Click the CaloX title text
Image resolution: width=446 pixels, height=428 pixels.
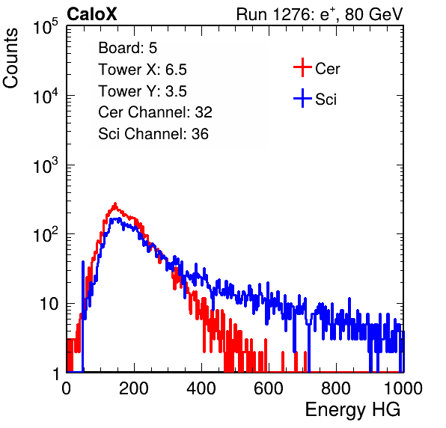click(x=92, y=14)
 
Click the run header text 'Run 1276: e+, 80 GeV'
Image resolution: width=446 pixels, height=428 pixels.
click(x=320, y=14)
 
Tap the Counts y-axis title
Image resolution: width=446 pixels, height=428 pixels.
click(x=10, y=58)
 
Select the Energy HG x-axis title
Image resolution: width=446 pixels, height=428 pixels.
click(x=352, y=410)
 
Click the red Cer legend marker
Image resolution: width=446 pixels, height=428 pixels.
click(x=302, y=67)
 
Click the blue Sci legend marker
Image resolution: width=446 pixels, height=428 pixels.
click(x=302, y=99)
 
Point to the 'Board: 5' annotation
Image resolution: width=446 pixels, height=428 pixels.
click(x=128, y=48)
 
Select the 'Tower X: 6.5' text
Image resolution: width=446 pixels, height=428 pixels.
click(x=142, y=70)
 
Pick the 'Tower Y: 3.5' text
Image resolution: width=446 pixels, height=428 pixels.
click(x=142, y=91)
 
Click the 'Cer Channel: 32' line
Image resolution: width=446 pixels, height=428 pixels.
click(x=156, y=112)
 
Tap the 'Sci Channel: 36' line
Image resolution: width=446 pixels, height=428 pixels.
click(x=153, y=134)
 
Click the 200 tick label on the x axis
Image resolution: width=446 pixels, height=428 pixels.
click(x=134, y=388)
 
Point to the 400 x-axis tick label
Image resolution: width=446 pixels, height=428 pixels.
click(x=201, y=388)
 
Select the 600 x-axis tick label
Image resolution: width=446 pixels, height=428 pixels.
click(x=269, y=388)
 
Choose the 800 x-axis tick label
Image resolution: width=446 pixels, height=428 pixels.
click(x=336, y=388)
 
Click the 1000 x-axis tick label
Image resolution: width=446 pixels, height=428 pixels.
click(x=403, y=388)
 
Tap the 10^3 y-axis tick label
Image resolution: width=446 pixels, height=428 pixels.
click(x=46, y=165)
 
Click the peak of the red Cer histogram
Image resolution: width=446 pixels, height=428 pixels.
click(x=115, y=204)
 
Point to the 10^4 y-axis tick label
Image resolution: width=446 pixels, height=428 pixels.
click(x=46, y=96)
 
